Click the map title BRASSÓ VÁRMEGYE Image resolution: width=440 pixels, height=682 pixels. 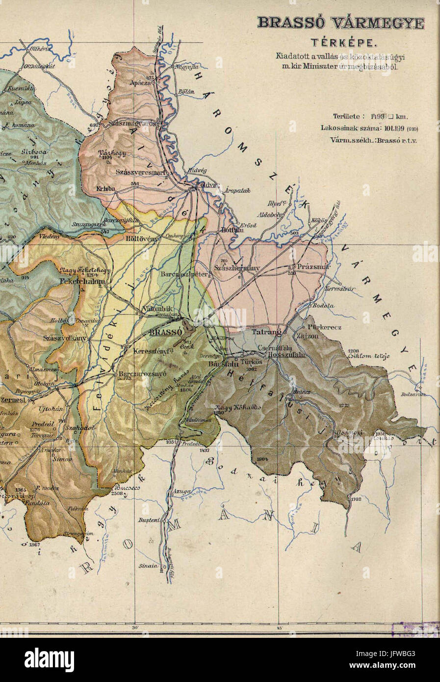pos(341,23)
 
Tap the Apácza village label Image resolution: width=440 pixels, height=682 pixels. pos(138,83)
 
